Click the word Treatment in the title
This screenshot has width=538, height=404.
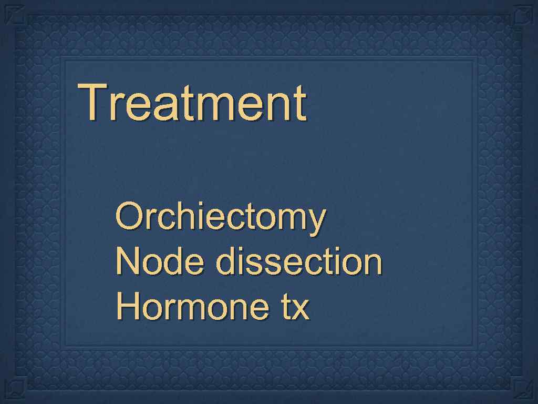(192, 102)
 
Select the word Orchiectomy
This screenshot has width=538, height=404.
(221, 217)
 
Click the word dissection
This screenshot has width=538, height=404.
(298, 261)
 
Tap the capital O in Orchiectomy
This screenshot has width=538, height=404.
(128, 216)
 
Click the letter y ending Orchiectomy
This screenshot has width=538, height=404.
(315, 221)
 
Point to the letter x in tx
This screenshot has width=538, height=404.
(301, 309)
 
